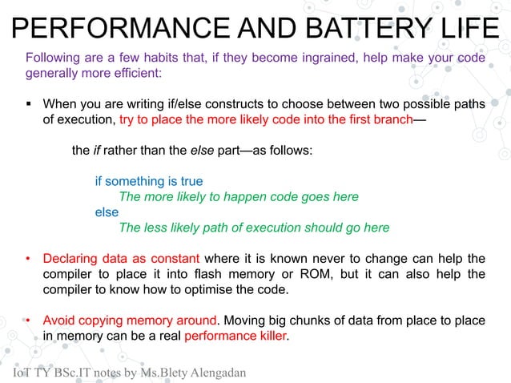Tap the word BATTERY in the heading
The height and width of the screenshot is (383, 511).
pos(352,29)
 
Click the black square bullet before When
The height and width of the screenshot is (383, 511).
pos(29,104)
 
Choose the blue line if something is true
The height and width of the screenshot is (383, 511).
pos(149,181)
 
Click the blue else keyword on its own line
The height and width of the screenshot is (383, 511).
pos(107,212)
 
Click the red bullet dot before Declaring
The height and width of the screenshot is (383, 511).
pos(28,260)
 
